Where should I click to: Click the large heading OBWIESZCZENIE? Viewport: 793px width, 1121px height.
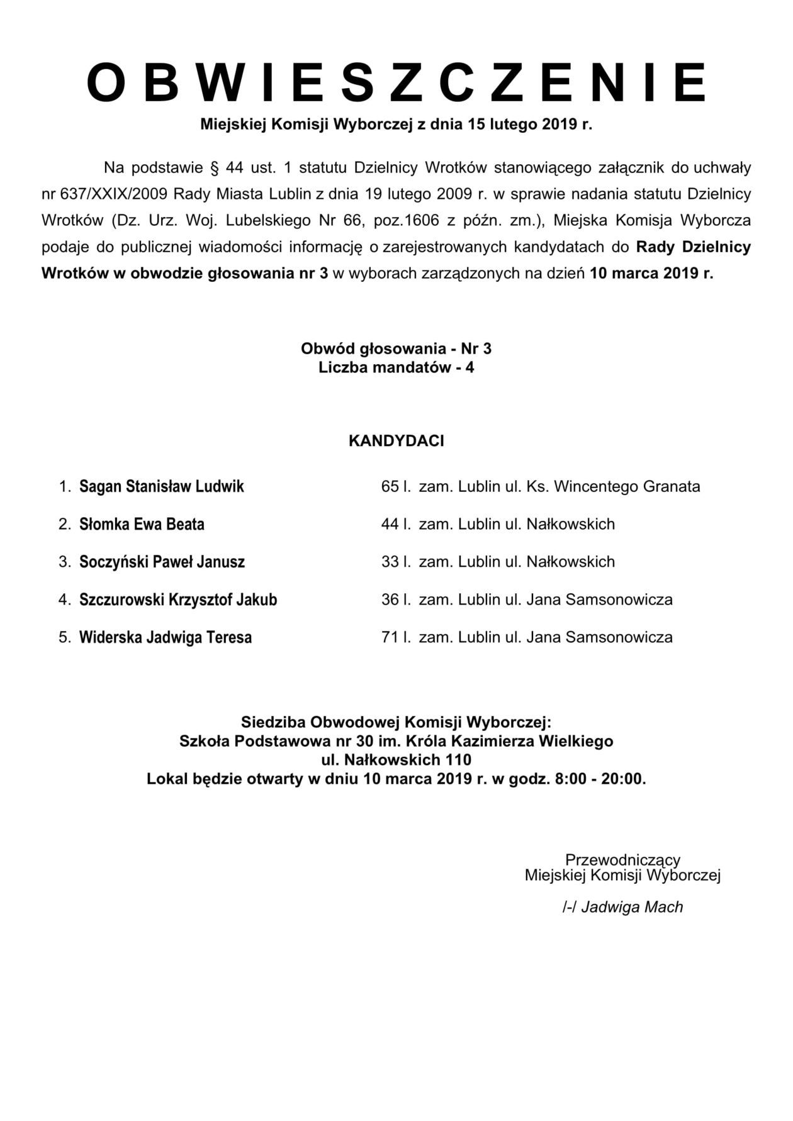396,82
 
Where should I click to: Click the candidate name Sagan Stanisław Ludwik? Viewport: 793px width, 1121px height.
161,486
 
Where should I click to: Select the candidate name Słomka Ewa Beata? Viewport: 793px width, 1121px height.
142,524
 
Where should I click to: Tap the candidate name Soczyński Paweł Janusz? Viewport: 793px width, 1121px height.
162,562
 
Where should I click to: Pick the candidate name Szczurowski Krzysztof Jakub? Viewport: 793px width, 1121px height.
178,600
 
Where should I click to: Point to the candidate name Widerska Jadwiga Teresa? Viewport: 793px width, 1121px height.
166,637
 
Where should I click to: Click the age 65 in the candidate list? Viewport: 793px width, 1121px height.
390,486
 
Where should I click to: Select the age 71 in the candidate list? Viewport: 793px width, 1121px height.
390,637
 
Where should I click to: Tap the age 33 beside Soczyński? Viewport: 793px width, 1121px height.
390,562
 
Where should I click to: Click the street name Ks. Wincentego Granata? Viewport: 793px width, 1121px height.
612,486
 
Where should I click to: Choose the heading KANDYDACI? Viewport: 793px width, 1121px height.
396,441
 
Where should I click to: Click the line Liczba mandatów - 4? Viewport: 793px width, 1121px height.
396,367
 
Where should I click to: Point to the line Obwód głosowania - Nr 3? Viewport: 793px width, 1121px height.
396,349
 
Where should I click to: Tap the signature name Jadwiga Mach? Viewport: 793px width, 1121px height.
632,907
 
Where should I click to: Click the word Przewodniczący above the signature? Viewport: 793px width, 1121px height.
622,859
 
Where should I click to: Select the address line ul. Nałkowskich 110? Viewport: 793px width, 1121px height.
396,760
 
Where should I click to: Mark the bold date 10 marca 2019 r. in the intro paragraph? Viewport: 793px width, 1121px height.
652,274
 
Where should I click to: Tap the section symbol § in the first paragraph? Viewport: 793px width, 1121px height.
212,168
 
